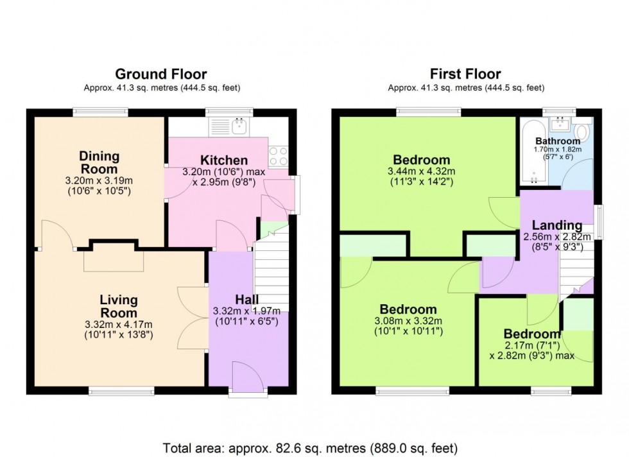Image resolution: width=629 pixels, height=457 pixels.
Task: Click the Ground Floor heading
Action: click(161, 74)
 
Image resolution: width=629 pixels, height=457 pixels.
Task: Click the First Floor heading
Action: click(467, 74)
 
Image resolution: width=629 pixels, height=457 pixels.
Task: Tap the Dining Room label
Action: click(99, 162)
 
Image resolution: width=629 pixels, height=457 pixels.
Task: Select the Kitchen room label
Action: click(223, 160)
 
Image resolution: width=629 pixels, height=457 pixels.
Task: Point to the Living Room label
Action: click(118, 306)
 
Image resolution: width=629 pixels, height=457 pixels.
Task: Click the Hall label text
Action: click(247, 300)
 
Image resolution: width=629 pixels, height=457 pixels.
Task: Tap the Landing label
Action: click(556, 225)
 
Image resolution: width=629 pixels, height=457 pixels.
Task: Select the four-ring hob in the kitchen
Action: click(277, 155)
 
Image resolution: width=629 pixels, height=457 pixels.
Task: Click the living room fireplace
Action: click(114, 256)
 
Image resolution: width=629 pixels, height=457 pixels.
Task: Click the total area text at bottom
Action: click(314, 447)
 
